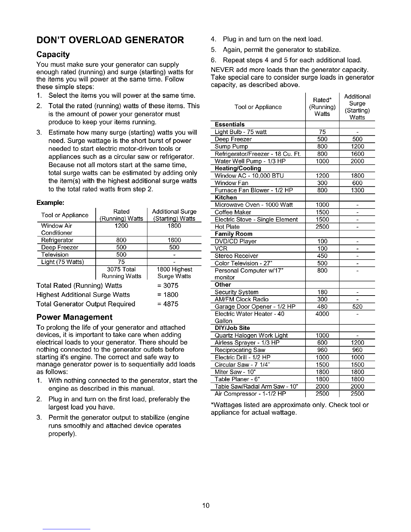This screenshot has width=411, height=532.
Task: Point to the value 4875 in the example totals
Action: pos(170,304)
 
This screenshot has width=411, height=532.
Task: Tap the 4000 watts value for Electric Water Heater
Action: pos(322,314)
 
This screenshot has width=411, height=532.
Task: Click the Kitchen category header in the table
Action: pos(226,197)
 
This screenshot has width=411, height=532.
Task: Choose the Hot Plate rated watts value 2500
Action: pos(322,227)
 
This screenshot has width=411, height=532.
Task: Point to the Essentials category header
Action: pos(230,125)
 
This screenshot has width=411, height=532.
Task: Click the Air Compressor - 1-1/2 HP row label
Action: pos(250,394)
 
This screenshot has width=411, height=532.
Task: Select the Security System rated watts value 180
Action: pos(322,292)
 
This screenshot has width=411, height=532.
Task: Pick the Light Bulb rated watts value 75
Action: pos(322,132)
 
